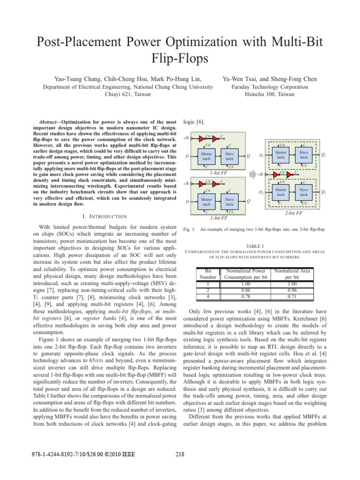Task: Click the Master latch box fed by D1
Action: click(x=281, y=154)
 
